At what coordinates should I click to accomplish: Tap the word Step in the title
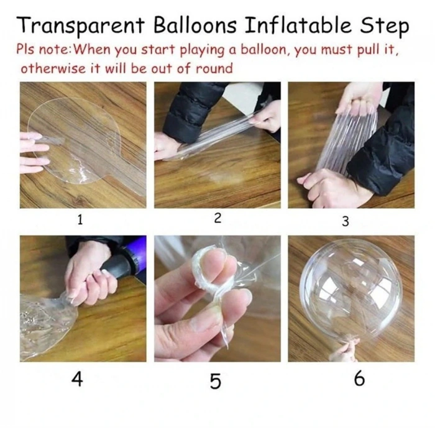(x=384, y=26)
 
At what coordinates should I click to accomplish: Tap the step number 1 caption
(x=80, y=219)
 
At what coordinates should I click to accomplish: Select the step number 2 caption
(x=217, y=218)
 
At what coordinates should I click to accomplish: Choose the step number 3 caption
(x=346, y=221)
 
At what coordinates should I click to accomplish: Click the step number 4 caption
(x=77, y=378)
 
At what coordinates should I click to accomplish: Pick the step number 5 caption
(x=215, y=381)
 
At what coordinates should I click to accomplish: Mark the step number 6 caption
(x=359, y=378)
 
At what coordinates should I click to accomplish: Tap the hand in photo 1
(x=34, y=152)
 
